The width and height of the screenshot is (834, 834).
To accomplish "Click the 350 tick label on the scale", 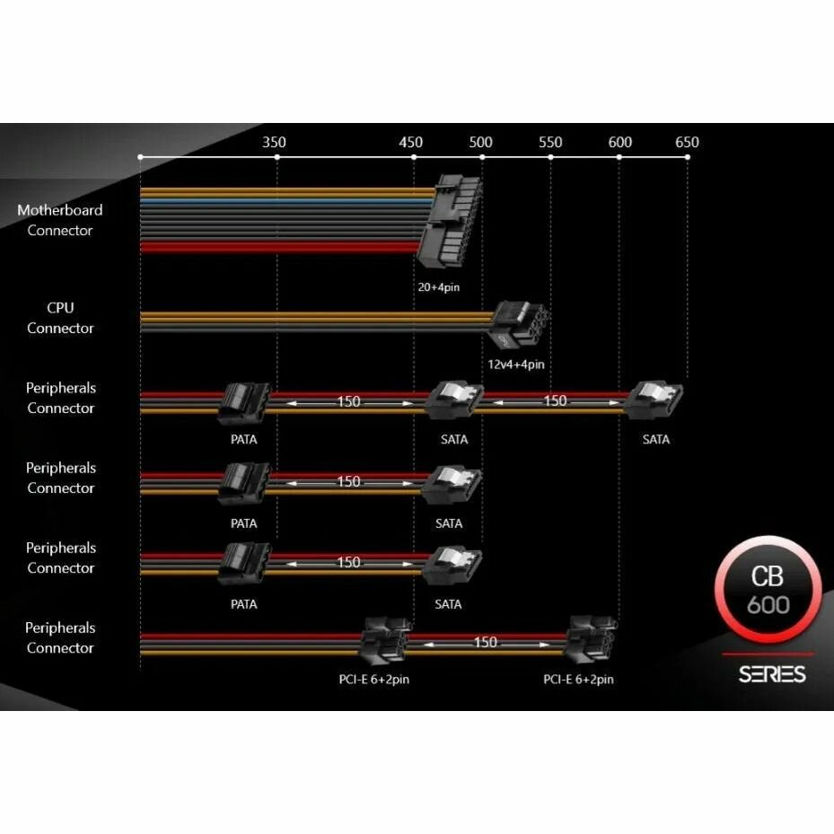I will pyautogui.click(x=275, y=142).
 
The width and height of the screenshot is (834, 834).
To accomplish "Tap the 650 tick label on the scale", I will pyautogui.click(x=687, y=142).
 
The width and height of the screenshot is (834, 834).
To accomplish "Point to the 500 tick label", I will pyautogui.click(x=481, y=142).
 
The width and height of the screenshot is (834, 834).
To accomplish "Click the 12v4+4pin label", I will pyautogui.click(x=516, y=364).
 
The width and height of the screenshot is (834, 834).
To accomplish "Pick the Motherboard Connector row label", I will pyautogui.click(x=60, y=220).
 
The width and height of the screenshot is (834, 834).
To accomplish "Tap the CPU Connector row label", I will pyautogui.click(x=60, y=318).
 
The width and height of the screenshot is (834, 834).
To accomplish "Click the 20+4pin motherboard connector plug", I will pyautogui.click(x=452, y=221).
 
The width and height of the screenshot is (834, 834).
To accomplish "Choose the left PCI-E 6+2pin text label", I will pyautogui.click(x=368, y=680).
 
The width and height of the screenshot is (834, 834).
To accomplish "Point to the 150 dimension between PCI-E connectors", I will pyautogui.click(x=485, y=643).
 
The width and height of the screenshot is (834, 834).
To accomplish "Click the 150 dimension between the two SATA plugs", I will pyautogui.click(x=556, y=401).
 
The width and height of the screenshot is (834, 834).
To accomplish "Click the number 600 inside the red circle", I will pyautogui.click(x=768, y=604).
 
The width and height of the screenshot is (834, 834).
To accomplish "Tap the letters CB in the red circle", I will pyautogui.click(x=768, y=575).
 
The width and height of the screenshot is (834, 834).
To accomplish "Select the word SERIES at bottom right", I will pyautogui.click(x=772, y=673).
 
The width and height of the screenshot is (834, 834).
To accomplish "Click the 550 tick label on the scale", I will pyautogui.click(x=550, y=142).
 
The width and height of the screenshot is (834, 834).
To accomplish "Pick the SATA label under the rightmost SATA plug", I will pyautogui.click(x=656, y=440).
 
